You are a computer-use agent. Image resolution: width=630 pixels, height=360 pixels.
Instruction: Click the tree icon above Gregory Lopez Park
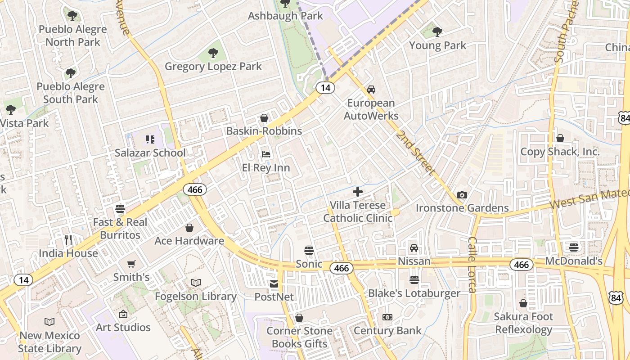point(213,54)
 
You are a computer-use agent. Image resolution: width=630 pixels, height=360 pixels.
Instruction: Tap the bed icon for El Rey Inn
point(266,154)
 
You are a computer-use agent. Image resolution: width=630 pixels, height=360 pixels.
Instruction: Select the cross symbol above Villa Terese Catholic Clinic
point(358,192)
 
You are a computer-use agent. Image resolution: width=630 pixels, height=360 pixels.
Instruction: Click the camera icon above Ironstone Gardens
point(462,195)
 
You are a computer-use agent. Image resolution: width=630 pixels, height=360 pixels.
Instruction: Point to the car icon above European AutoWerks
point(371,90)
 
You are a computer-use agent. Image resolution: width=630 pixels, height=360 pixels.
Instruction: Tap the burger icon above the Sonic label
point(309,250)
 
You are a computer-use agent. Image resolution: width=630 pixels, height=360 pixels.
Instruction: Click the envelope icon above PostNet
point(274,284)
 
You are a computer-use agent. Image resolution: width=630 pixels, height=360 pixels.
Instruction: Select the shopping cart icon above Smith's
point(131,264)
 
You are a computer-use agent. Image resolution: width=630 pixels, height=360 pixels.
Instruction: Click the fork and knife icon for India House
point(68,240)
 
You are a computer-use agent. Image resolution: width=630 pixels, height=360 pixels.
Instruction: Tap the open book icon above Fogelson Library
point(195,283)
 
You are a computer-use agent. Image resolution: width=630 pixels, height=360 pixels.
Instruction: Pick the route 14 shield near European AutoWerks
point(325,88)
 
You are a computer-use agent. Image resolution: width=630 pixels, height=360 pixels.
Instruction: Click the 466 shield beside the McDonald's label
point(521,265)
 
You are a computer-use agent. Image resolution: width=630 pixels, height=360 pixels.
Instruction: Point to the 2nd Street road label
point(416,153)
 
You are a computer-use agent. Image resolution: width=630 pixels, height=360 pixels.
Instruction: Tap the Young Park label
point(437,45)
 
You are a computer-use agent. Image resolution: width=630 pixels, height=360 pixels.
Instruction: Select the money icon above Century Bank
point(387,317)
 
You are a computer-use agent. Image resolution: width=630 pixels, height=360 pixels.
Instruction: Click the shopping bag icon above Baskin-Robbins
point(264,118)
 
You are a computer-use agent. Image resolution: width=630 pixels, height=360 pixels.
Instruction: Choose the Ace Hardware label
point(189,241)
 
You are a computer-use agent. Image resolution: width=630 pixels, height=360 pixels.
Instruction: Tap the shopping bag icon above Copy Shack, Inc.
point(560,138)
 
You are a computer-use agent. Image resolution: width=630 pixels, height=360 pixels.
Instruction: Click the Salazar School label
point(150,153)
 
